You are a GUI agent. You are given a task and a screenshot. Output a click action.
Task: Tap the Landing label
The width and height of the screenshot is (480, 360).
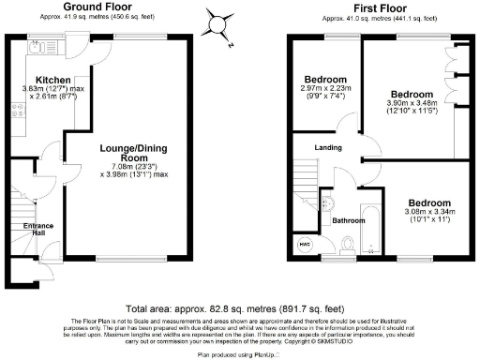[328, 148]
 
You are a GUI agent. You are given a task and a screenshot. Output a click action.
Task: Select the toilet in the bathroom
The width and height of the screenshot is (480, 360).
[347, 244]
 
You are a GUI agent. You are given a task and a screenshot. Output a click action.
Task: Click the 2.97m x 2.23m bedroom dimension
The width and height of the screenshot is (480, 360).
[325, 93]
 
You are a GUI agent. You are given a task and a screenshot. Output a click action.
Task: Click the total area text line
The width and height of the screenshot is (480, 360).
[239, 307]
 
